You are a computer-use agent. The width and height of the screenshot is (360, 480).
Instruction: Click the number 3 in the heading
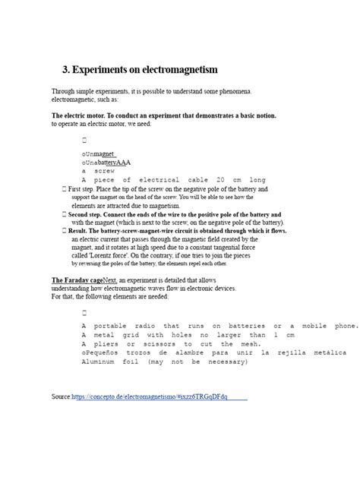click(66, 70)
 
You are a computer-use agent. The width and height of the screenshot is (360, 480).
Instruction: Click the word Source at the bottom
click(61, 397)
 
